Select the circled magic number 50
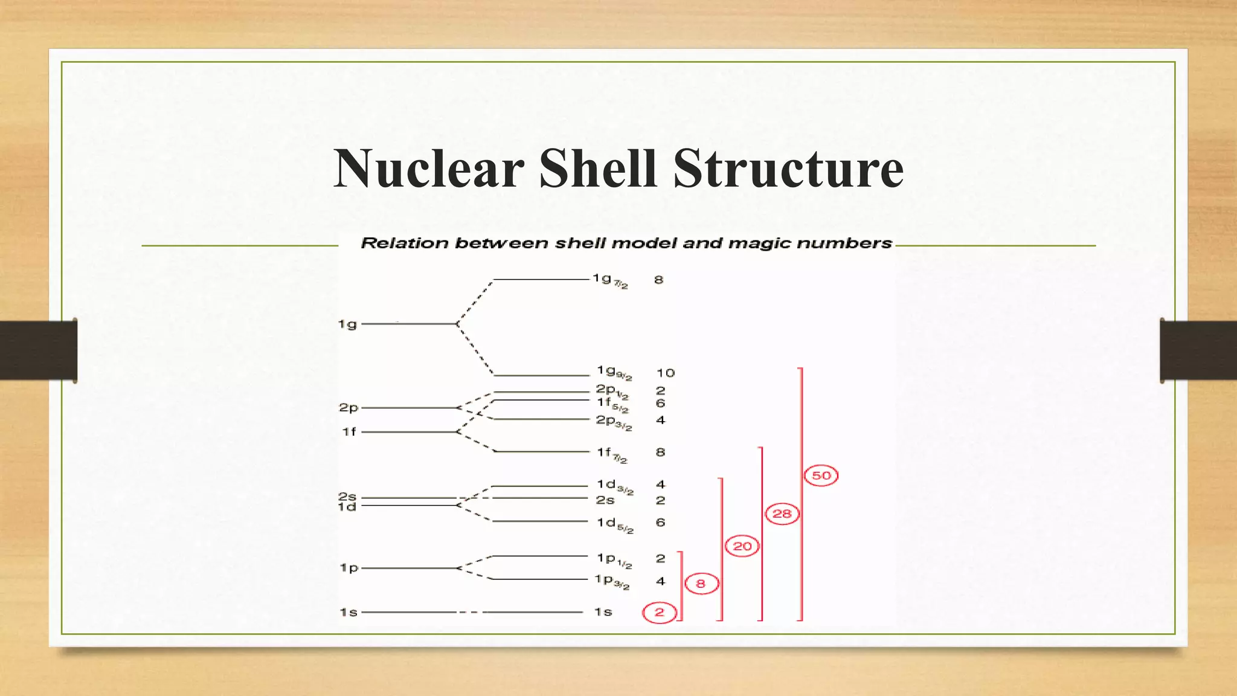(821, 475)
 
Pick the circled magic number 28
(782, 514)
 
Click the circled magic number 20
(742, 546)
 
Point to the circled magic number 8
(701, 584)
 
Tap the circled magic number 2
(659, 613)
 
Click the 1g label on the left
(347, 324)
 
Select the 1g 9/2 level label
(614, 372)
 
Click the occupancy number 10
(665, 373)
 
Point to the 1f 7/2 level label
(611, 454)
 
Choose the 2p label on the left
(349, 408)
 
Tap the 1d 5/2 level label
(614, 524)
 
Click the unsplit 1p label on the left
(349, 568)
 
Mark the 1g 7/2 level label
(609, 280)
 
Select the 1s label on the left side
(349, 613)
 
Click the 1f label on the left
(349, 432)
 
